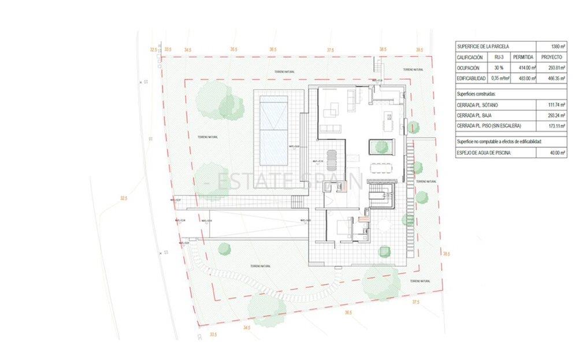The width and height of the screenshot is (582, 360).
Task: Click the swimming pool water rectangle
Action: click(273, 129)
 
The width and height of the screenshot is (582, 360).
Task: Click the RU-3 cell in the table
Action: click(496, 57)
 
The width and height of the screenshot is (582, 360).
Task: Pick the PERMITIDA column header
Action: click(523, 57)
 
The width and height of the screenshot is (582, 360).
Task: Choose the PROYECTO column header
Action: click(551, 57)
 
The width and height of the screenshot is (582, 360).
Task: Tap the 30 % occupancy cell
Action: click(496, 68)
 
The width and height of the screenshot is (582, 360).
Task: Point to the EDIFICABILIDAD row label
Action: click(472, 78)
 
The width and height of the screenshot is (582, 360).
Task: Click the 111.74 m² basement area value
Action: click(553, 105)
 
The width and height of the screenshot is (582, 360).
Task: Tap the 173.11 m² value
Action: click(553, 125)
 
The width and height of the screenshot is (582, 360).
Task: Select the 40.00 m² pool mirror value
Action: click(554, 153)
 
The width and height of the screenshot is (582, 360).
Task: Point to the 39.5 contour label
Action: click(420, 50)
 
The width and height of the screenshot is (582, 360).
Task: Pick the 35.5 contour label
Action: click(233, 50)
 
